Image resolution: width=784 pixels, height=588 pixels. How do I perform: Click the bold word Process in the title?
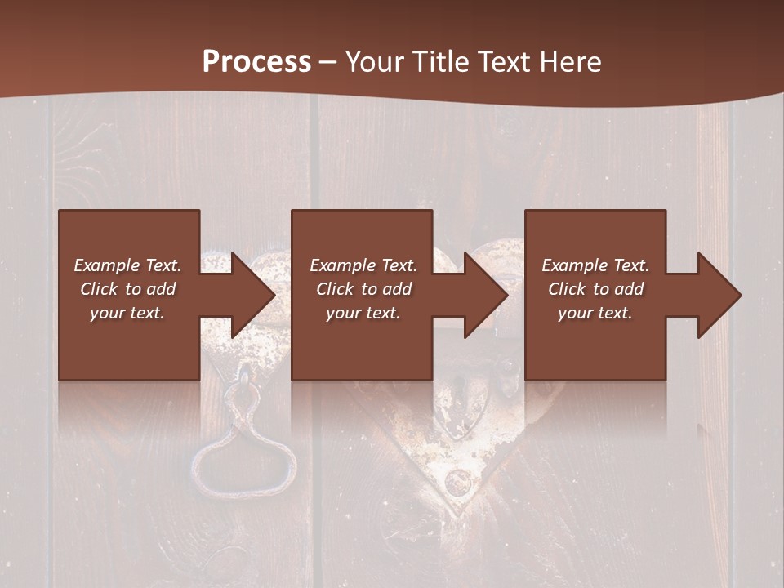tap(256, 61)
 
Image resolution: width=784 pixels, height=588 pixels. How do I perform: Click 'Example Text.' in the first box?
tap(127, 265)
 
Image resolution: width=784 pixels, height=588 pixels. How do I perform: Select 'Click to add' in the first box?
tap(127, 289)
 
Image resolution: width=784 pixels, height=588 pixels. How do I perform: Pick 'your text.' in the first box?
tap(127, 313)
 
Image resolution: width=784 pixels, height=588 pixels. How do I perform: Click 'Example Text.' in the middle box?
tap(363, 265)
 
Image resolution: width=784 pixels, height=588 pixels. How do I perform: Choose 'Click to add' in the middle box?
tap(363, 289)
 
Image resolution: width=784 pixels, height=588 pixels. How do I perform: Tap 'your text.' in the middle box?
tap(363, 313)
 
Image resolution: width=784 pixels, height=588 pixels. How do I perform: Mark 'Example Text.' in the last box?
tap(595, 265)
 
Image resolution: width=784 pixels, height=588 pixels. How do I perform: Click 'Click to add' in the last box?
tap(595, 289)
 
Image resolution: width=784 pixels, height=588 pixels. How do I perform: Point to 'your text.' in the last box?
tap(595, 313)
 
